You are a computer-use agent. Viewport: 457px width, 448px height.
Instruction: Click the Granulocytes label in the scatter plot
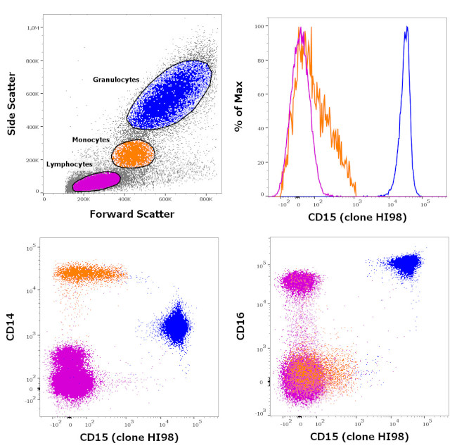click(x=116, y=80)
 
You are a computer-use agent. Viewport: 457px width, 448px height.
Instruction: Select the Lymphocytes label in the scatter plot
click(x=69, y=164)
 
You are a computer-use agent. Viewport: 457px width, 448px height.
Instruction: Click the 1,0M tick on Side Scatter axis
click(x=32, y=27)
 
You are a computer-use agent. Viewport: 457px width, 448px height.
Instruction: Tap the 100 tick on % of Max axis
click(x=259, y=26)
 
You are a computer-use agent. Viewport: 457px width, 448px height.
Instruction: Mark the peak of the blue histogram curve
click(x=406, y=28)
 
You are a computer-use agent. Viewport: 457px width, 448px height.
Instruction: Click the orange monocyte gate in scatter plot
click(x=133, y=153)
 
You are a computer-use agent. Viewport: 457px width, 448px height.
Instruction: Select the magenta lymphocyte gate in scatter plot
click(x=96, y=182)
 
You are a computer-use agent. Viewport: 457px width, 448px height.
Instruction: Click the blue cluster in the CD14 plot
click(x=174, y=327)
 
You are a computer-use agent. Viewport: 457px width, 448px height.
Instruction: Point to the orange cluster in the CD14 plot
click(x=88, y=273)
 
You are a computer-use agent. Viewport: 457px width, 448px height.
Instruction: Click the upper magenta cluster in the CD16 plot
click(x=300, y=282)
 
